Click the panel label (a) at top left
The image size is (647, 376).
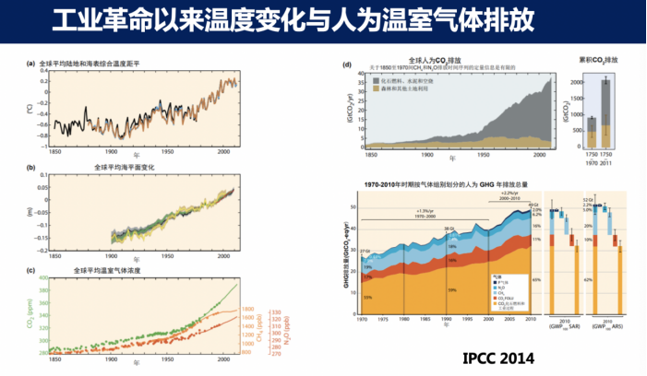[30, 64]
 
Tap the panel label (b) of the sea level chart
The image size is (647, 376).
[30, 168]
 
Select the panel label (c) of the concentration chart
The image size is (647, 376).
[30, 270]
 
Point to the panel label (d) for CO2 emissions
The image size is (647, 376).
[346, 65]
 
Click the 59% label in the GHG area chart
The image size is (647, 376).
[450, 289]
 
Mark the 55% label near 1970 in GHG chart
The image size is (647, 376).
[367, 298]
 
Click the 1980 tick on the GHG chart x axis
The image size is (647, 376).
[403, 320]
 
